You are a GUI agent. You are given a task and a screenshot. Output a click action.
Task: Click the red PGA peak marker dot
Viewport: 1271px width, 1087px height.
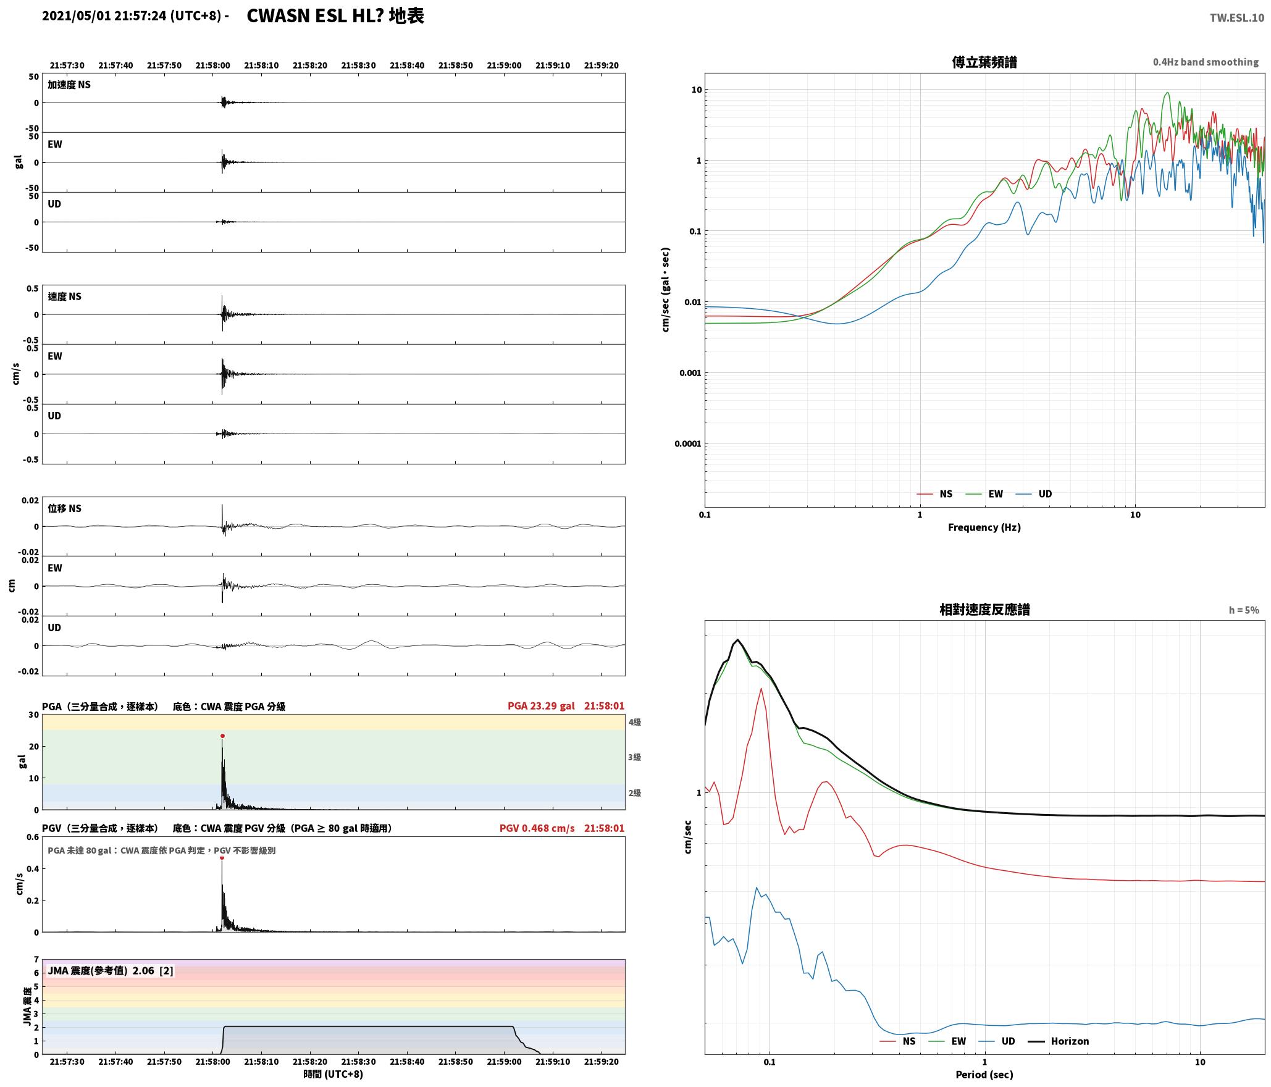222,736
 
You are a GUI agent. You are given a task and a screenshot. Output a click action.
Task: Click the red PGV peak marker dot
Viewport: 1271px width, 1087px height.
222,857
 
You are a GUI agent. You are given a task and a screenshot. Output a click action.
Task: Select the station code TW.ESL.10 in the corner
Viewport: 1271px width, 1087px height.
1236,18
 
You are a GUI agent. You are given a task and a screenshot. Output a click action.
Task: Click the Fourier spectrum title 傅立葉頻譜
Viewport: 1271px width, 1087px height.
984,62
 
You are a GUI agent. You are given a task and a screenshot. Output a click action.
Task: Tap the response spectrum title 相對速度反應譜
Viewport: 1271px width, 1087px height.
984,610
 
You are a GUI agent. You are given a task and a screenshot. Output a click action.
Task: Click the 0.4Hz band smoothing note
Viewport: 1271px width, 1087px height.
1206,62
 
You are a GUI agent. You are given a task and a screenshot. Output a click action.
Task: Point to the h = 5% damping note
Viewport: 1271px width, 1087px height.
1243,610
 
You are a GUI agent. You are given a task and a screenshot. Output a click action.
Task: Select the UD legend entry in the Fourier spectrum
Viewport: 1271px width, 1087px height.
1034,494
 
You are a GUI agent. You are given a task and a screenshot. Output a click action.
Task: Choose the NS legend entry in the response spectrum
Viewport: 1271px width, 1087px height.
898,1041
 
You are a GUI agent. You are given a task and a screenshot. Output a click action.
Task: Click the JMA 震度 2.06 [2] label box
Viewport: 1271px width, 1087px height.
111,971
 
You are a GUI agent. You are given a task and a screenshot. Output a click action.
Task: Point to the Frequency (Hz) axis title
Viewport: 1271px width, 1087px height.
984,527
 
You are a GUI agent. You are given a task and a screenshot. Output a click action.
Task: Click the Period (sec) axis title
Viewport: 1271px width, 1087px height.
984,1075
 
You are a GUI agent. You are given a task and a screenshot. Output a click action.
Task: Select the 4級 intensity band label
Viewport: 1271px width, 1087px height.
634,722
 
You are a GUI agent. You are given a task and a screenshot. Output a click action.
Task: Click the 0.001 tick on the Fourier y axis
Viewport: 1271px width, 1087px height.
689,373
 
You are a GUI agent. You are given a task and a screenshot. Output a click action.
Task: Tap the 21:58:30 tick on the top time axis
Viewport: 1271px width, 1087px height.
358,65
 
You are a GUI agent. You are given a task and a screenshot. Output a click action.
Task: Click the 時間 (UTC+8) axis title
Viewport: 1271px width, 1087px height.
333,1074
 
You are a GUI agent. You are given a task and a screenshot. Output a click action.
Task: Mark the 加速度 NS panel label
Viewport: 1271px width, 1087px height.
69,85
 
